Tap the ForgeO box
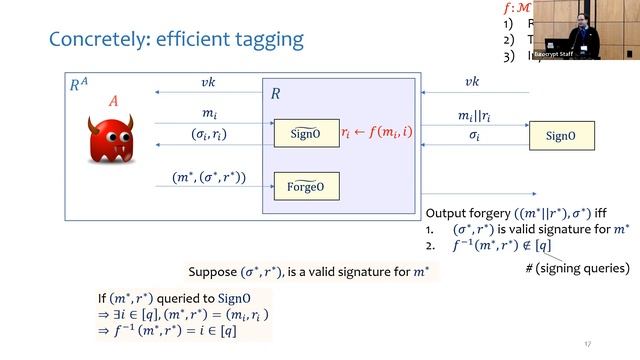coord(305,185)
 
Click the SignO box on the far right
coord(560,135)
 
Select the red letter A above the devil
coord(113,102)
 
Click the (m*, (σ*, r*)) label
coord(208,178)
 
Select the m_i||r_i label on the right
coord(472,118)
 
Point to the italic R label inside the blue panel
coord(276,93)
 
